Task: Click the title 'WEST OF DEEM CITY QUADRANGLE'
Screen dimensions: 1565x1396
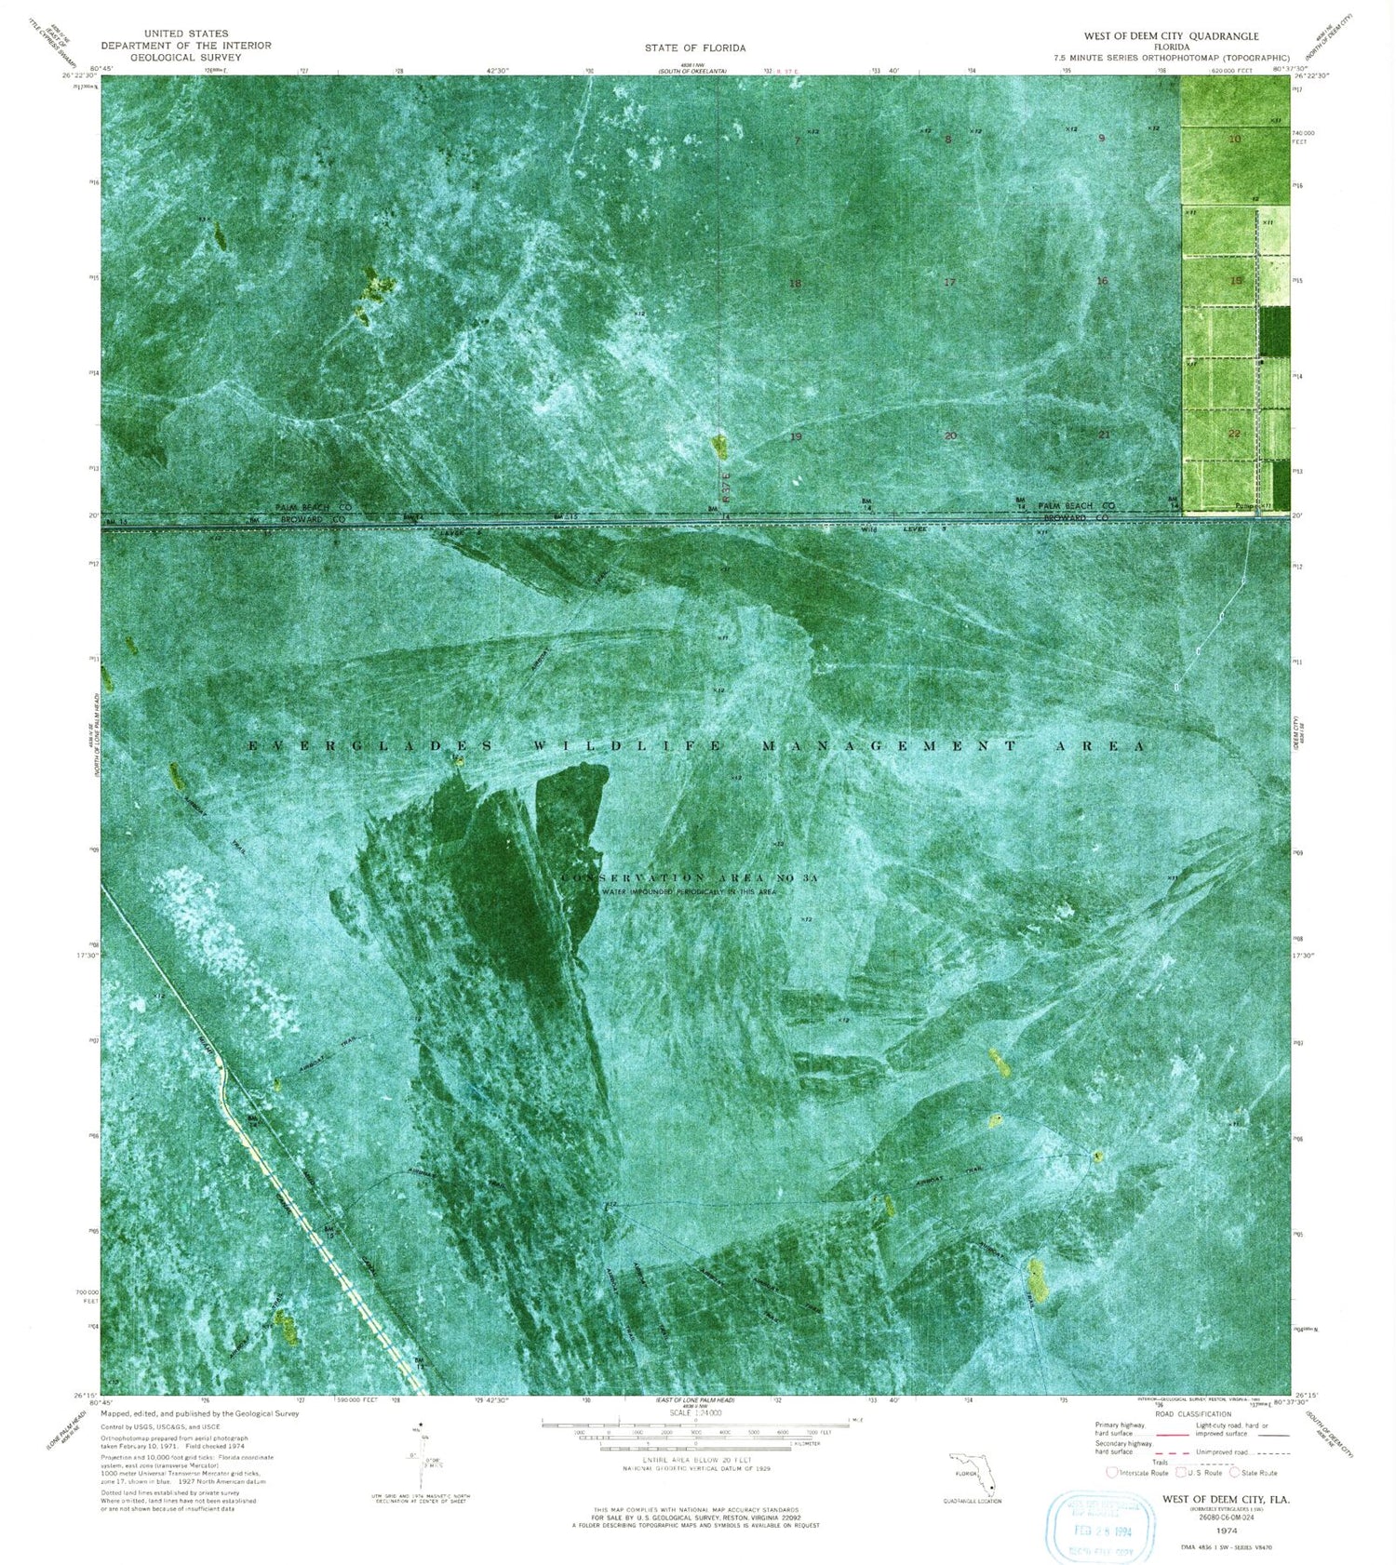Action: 1171,36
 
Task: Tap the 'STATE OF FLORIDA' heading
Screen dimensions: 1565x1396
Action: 695,47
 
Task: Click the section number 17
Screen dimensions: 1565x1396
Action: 949,282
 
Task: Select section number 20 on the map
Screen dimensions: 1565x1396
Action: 949,435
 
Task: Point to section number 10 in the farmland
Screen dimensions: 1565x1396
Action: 1235,140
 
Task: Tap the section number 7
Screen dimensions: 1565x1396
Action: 798,141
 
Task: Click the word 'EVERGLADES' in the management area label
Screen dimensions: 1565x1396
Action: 372,746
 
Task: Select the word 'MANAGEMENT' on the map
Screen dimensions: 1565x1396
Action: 888,746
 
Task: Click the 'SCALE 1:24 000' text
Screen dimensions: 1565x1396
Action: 695,1412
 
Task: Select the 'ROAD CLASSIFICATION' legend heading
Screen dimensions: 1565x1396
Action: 1192,1414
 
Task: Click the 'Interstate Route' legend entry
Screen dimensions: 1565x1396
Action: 1137,1473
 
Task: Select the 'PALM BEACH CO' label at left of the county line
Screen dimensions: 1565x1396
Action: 313,507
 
